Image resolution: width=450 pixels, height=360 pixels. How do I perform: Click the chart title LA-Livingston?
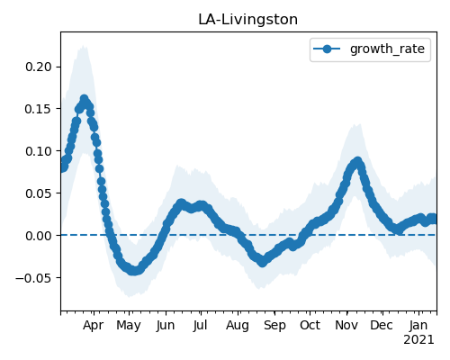(247, 20)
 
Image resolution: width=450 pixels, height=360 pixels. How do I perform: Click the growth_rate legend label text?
(387, 49)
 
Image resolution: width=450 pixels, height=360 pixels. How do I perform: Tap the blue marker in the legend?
(327, 49)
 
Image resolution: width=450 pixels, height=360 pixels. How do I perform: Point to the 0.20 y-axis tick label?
(39, 67)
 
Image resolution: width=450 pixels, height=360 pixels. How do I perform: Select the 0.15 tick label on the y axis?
(39, 109)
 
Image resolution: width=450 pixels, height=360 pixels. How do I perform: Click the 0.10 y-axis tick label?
(39, 151)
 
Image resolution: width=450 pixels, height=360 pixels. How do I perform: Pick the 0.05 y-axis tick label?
(39, 193)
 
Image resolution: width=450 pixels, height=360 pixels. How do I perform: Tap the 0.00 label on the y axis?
(39, 236)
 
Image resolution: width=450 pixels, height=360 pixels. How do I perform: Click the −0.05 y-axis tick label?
(34, 278)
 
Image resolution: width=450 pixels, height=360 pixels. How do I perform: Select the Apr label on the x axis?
(94, 325)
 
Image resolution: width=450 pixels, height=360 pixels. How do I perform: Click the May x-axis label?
(129, 326)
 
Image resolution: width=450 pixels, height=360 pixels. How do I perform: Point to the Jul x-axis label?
(200, 325)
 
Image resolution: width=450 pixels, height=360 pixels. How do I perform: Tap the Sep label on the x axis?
(274, 326)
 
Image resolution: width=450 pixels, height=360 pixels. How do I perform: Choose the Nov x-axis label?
(346, 325)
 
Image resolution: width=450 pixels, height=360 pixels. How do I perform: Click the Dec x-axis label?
(382, 325)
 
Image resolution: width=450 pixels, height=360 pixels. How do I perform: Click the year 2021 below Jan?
(418, 340)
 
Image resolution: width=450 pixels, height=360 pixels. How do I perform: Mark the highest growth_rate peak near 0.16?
(84, 99)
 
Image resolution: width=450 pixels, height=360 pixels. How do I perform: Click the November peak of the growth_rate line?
(357, 161)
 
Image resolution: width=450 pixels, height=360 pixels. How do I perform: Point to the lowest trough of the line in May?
(133, 271)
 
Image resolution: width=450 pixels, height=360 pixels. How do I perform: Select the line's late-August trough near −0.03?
(263, 263)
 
